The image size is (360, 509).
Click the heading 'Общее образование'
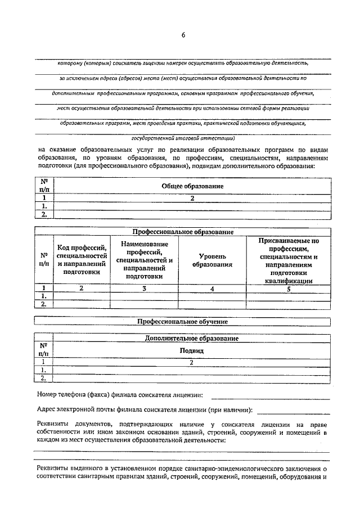tap(192, 186)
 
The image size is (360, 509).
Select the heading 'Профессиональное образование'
tap(183, 232)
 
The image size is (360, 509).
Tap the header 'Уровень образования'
tap(212, 259)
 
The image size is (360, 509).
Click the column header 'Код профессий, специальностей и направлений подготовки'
tap(82, 259)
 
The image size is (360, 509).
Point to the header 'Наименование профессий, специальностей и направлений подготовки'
tap(144, 259)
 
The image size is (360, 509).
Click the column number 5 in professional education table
tap(288, 289)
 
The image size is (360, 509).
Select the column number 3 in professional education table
tap(144, 289)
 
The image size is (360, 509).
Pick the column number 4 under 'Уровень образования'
tap(212, 289)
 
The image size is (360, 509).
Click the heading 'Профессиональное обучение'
tap(183, 322)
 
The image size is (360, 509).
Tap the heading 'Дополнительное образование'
tap(191, 339)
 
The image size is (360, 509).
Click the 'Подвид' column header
tap(191, 350)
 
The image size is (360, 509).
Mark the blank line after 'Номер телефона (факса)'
tap(296, 398)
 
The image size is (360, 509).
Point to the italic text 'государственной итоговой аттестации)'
tap(183, 137)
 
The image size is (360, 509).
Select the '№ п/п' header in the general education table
tap(44, 186)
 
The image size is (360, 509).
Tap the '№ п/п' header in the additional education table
tap(43, 349)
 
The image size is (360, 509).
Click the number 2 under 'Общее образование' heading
tap(192, 199)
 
